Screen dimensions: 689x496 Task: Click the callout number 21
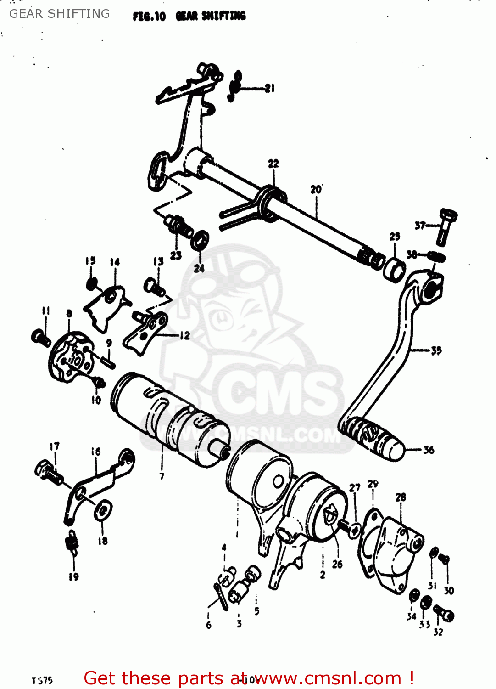click(x=270, y=88)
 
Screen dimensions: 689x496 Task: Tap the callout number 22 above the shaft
click(x=273, y=164)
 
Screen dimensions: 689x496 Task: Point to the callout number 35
click(x=436, y=350)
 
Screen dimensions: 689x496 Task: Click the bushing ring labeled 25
click(x=394, y=270)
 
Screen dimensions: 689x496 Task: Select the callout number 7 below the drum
click(x=162, y=476)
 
